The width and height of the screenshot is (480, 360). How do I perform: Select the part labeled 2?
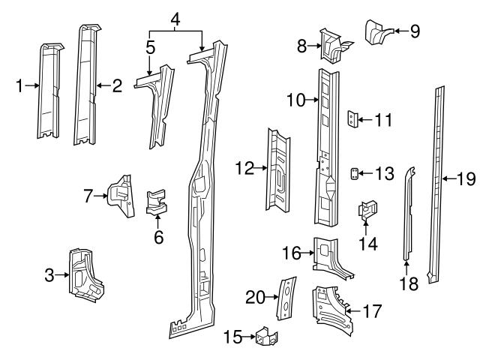click(x=87, y=86)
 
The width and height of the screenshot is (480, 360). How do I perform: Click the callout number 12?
click(x=244, y=169)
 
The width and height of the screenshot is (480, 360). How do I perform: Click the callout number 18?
click(x=406, y=283)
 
